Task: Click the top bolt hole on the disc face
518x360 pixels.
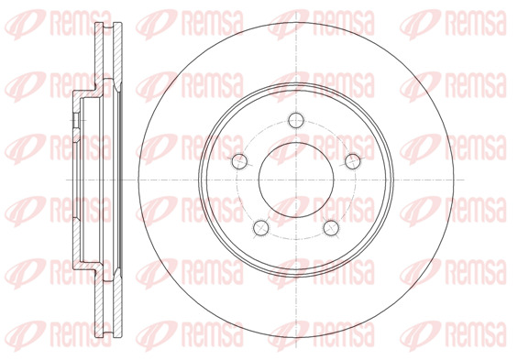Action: click(x=296, y=120)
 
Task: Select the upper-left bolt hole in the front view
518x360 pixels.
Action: click(x=239, y=161)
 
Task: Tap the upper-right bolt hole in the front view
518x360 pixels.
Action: click(x=353, y=161)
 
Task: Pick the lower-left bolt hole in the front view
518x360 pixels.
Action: click(x=261, y=228)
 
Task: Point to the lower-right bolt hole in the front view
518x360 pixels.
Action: click(x=331, y=228)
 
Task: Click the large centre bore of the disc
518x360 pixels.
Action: click(x=296, y=180)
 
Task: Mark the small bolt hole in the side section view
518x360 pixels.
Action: click(x=76, y=120)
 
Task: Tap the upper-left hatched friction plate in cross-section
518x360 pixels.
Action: click(x=98, y=56)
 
